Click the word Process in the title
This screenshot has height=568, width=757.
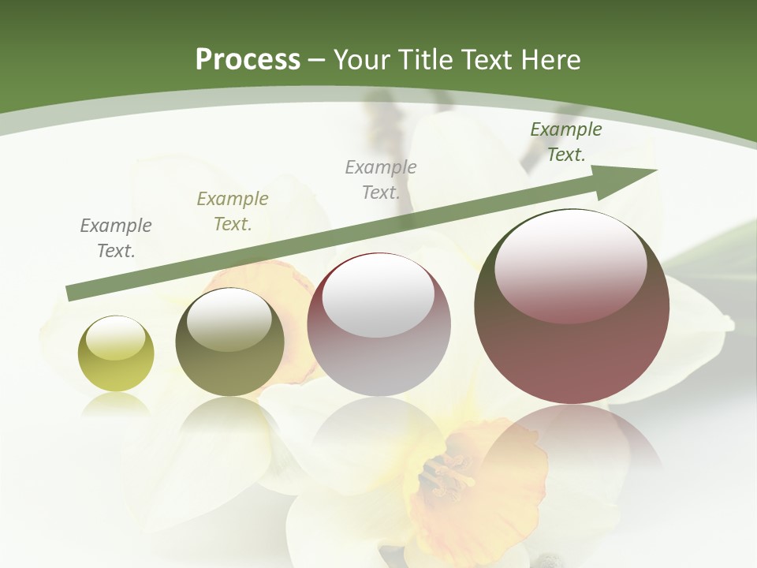[248, 60]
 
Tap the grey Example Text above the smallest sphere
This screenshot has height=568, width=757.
[116, 237]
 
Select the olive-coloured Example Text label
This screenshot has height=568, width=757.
[233, 211]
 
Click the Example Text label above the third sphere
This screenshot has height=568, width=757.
[381, 179]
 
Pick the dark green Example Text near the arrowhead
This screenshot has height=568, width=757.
[566, 142]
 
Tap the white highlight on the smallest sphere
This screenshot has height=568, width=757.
[116, 338]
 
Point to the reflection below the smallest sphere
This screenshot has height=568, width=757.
[116, 406]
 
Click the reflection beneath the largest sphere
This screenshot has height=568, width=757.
[572, 442]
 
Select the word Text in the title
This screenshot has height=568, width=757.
[486, 60]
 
